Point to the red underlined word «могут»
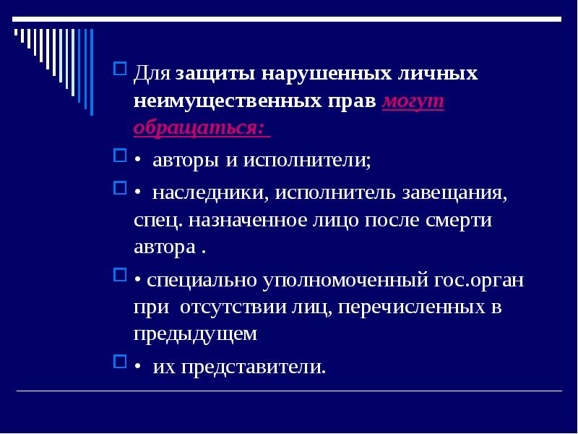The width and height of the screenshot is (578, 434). [413, 101]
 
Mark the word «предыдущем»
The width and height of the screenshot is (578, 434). [195, 333]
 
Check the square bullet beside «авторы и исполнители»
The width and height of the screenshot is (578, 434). [120, 156]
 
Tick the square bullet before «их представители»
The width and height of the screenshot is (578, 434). [120, 362]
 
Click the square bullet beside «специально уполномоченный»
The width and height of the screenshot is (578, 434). [120, 276]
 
